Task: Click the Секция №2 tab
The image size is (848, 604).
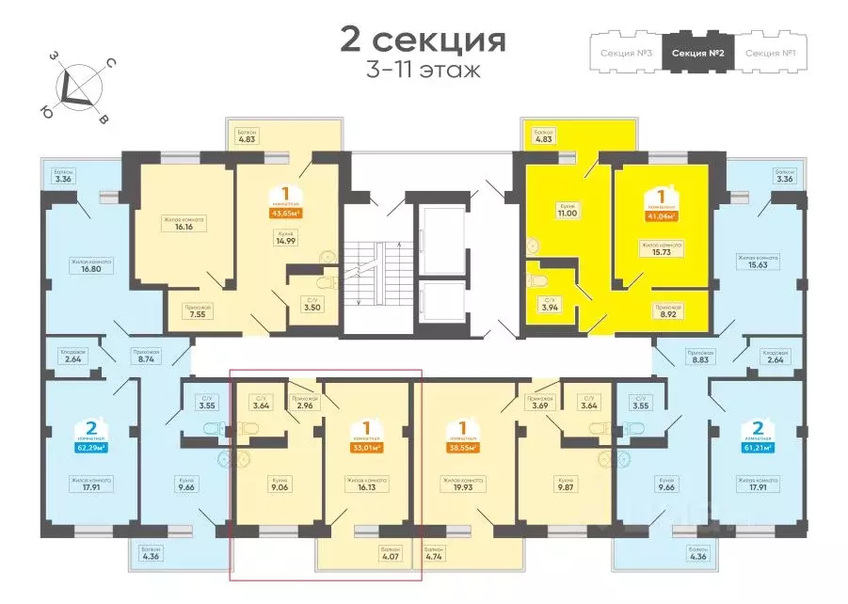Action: (697, 52)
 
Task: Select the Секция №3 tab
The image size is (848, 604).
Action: (626, 52)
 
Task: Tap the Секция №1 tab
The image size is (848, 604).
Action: (770, 52)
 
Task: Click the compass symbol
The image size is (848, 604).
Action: (79, 87)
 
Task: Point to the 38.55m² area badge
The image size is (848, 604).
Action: (461, 449)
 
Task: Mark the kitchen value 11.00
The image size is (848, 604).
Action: (565, 215)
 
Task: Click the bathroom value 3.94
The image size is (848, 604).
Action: (548, 307)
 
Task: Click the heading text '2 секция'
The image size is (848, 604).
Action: (423, 40)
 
